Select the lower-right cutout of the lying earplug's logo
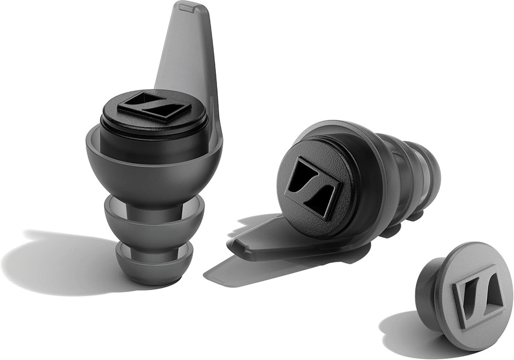(x=320, y=200)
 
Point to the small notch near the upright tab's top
(x=187, y=9)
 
